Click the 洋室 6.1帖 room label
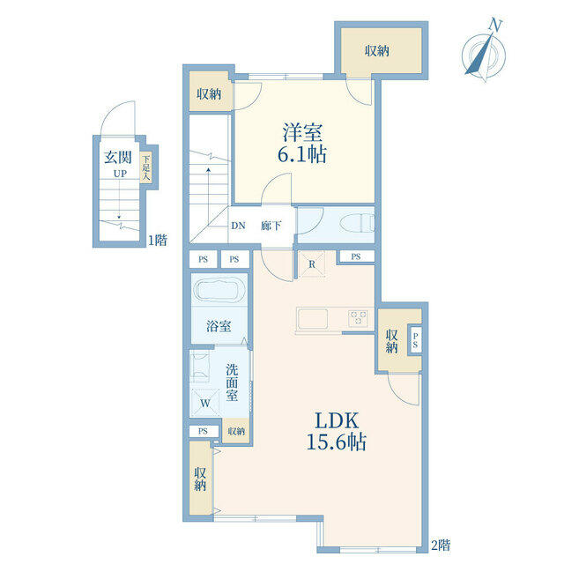click(x=302, y=144)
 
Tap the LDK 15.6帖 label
click(x=337, y=431)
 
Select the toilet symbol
click(x=357, y=224)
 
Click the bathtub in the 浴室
click(x=219, y=290)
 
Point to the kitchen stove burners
click(x=358, y=318)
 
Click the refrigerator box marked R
click(x=311, y=264)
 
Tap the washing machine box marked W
click(x=205, y=403)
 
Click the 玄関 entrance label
click(x=118, y=157)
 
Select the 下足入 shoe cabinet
click(x=145, y=167)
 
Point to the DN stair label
click(x=238, y=226)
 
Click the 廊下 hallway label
click(x=271, y=226)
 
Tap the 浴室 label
click(x=219, y=326)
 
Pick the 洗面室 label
click(x=232, y=382)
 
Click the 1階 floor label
click(x=158, y=240)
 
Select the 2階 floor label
click(x=441, y=545)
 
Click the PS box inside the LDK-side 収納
click(x=415, y=340)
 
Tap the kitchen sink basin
click(x=313, y=319)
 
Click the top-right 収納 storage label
click(x=377, y=51)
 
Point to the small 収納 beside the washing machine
click(x=236, y=431)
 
